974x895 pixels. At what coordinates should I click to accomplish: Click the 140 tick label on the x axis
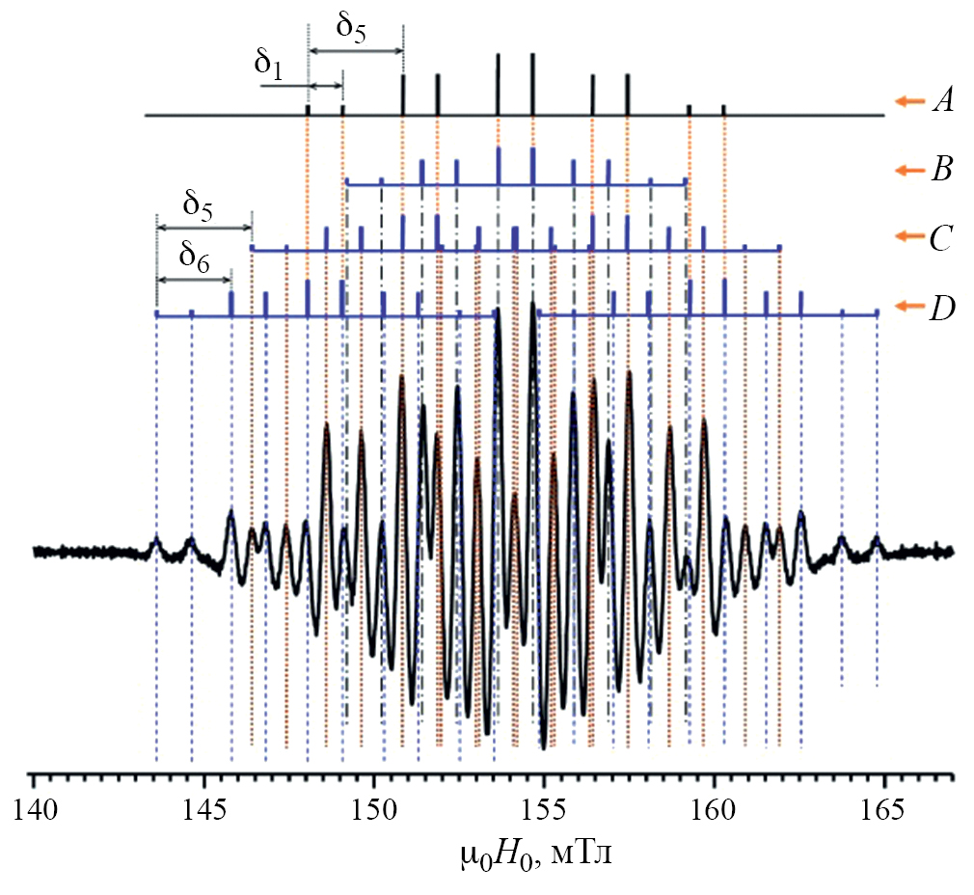click(34, 807)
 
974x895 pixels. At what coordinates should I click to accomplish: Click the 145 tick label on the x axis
click(203, 807)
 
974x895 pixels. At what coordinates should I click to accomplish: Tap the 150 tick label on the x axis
click(373, 807)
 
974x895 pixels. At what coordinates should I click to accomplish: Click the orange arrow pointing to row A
click(907, 100)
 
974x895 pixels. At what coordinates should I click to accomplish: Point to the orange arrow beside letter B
click(907, 171)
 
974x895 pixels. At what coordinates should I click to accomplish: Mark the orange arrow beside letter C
click(907, 237)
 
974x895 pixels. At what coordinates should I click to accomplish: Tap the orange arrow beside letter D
click(907, 308)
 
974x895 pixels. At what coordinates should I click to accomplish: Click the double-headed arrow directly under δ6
click(194, 280)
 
